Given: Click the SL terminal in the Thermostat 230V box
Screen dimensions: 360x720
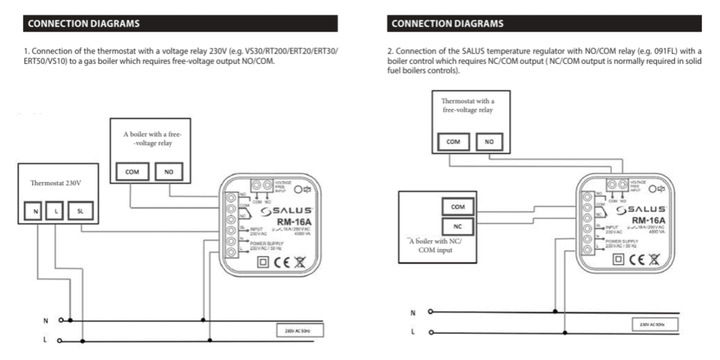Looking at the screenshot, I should pyautogui.click(x=79, y=211).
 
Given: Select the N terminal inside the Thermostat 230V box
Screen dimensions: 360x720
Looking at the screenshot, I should pyautogui.click(x=36, y=211).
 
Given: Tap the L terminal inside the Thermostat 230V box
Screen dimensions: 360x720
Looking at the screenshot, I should pyautogui.click(x=56, y=211).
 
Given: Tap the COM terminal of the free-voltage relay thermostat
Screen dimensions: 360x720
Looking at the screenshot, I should pyautogui.click(x=453, y=141).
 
